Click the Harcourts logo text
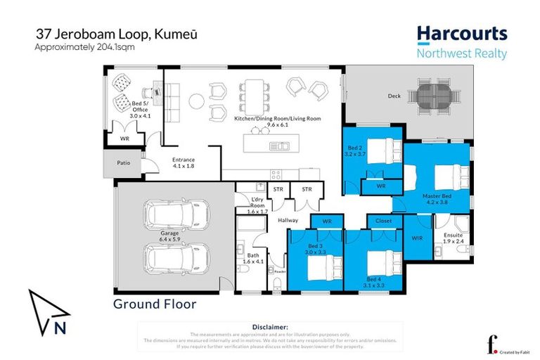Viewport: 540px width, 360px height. [x=461, y=34]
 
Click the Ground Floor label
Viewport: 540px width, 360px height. [x=155, y=304]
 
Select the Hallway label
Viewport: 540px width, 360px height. [x=288, y=220]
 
